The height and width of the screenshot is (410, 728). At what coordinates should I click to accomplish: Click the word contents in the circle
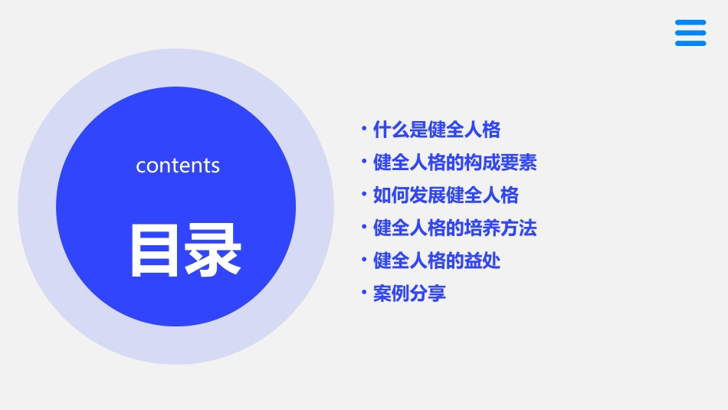tap(178, 166)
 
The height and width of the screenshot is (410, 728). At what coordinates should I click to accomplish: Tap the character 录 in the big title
tap(213, 250)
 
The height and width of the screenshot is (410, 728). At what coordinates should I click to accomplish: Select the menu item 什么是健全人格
tap(436, 130)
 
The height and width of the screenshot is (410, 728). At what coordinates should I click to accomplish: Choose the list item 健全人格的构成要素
tap(454, 162)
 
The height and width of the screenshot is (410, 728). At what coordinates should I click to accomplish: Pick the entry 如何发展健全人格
tap(445, 195)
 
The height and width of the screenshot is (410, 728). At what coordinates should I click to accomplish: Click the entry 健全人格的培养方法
tap(454, 228)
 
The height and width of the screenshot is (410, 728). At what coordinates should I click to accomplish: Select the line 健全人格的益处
tap(436, 261)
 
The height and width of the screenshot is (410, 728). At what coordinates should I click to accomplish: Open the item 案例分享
tap(409, 294)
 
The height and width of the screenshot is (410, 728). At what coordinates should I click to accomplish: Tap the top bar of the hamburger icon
tap(690, 22)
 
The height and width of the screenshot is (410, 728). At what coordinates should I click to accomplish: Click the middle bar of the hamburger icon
tap(690, 33)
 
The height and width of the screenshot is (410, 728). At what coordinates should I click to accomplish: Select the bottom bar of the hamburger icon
tap(690, 43)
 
